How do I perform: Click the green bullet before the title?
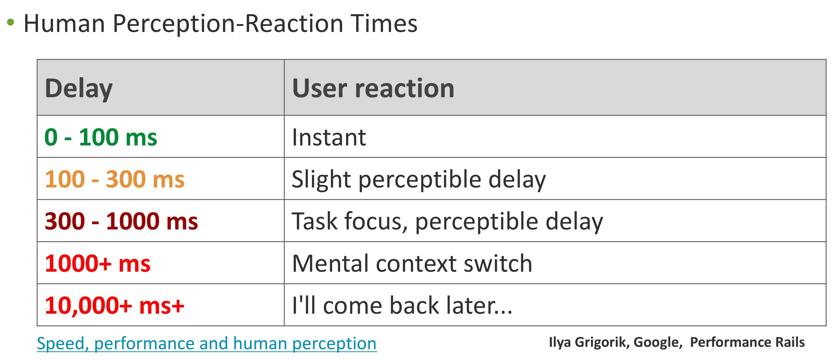click(11, 22)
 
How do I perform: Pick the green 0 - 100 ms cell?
click(101, 137)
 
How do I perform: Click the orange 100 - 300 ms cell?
click(115, 179)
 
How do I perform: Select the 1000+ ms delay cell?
click(98, 263)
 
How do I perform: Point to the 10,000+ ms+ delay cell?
click(115, 306)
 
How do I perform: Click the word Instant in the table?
click(329, 137)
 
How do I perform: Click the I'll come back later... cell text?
click(402, 305)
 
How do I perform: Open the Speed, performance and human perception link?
click(206, 343)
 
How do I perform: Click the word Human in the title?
click(64, 24)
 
